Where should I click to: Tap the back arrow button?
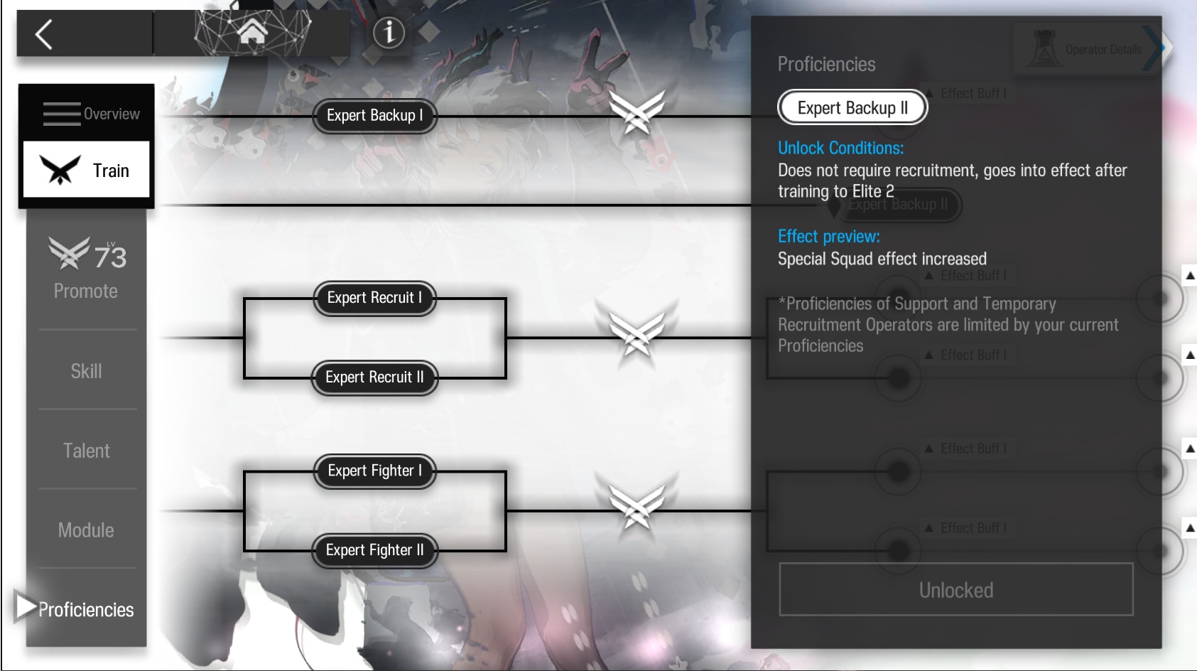pyautogui.click(x=44, y=34)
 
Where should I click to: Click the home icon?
pyautogui.click(x=252, y=32)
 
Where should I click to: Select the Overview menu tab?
pyautogui.click(x=87, y=114)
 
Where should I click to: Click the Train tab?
pyautogui.click(x=87, y=170)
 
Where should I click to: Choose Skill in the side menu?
pyautogui.click(x=86, y=371)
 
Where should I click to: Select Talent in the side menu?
pyautogui.click(x=86, y=451)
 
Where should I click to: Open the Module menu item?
pyautogui.click(x=86, y=530)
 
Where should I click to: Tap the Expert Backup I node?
pyautogui.click(x=374, y=116)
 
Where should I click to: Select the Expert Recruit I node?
pyautogui.click(x=374, y=298)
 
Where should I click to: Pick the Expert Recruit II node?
pyautogui.click(x=374, y=377)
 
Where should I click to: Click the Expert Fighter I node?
pyautogui.click(x=374, y=471)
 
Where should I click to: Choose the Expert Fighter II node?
pyautogui.click(x=374, y=550)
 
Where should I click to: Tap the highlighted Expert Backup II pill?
pyautogui.click(x=852, y=108)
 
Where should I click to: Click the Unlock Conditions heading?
pyautogui.click(x=840, y=148)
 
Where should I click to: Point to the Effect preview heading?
pyautogui.click(x=828, y=236)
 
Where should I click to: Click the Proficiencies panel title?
pyautogui.click(x=826, y=65)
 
